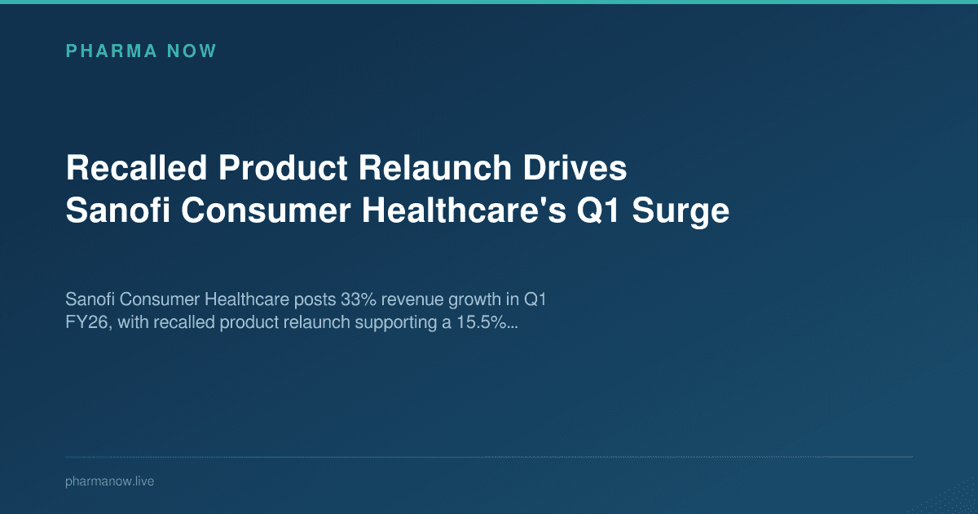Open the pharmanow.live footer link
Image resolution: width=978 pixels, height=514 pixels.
point(109,481)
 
